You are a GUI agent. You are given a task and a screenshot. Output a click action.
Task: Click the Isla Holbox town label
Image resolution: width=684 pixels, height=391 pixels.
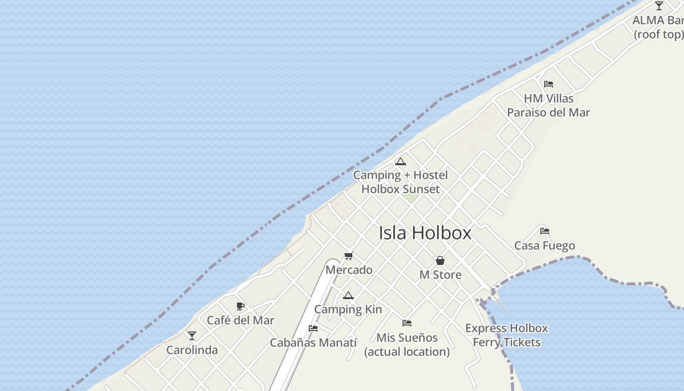[x=425, y=233]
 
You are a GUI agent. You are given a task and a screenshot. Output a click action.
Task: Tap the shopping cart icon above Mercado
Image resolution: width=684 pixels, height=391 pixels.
[x=349, y=256]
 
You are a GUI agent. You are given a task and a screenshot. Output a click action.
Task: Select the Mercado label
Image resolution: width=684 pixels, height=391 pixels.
[x=349, y=270]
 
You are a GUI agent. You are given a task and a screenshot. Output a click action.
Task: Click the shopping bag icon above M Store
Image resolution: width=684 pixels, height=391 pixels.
[x=440, y=261]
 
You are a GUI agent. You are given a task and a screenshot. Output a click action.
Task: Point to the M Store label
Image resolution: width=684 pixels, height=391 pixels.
[x=440, y=275]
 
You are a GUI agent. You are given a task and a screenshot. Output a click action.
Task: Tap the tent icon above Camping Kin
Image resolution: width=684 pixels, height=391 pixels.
[x=348, y=295]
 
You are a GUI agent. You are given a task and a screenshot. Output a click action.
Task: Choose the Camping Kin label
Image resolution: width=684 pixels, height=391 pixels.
[x=348, y=309]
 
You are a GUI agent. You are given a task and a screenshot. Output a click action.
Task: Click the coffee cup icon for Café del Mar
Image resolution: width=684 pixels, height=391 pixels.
[x=240, y=306]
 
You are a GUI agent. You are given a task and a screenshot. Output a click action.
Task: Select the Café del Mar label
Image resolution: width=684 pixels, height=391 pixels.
[x=240, y=321]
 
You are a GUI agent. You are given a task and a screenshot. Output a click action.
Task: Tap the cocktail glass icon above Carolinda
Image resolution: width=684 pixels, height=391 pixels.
[x=192, y=336]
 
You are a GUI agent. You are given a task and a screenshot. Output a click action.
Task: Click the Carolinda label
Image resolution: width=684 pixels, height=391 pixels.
[x=192, y=350]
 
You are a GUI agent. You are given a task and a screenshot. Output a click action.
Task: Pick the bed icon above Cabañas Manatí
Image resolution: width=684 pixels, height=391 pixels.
[x=313, y=328]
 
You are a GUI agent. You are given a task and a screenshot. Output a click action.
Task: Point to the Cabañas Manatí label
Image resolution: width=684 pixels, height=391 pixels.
[x=313, y=343]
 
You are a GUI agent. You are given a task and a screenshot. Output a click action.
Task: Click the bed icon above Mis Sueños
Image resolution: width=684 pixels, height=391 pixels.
[x=407, y=323]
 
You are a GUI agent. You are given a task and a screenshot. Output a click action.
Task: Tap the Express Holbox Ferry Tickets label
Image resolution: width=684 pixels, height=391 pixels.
[x=507, y=335]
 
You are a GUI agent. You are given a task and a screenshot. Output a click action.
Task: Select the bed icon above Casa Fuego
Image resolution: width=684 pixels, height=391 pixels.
[x=545, y=231]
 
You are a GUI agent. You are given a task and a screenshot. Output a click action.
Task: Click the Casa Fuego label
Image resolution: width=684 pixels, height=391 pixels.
[x=545, y=245]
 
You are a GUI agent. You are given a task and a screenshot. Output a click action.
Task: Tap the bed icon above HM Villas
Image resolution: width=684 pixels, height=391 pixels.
[x=549, y=84]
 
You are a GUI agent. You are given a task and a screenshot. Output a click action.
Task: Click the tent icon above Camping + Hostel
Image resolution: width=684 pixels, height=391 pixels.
[x=401, y=161]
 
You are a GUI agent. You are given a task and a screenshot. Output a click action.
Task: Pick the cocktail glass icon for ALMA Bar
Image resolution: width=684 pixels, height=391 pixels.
[x=659, y=6]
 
